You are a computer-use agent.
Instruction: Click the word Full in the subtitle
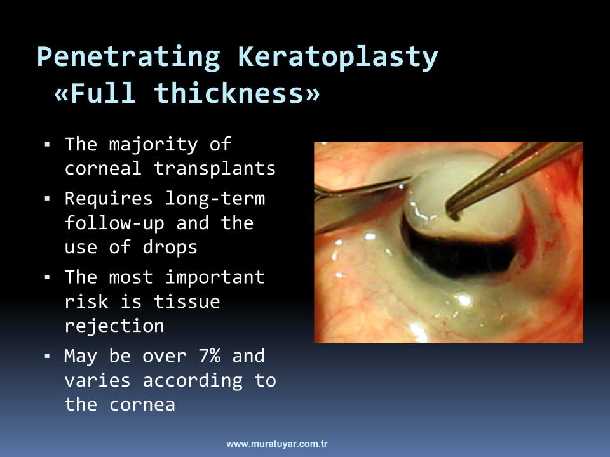pyautogui.click(x=103, y=93)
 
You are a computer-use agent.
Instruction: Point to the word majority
pyautogui.click(x=153, y=145)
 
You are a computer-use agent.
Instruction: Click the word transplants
pyautogui.click(x=214, y=169)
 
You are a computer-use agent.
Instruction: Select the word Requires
pyautogui.click(x=109, y=199)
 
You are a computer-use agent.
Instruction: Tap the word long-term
pyautogui.click(x=215, y=199)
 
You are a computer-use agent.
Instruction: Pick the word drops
pyautogui.click(x=170, y=247)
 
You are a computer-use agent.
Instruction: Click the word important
pyautogui.click(x=215, y=278)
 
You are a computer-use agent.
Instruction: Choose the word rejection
pyautogui.click(x=114, y=326)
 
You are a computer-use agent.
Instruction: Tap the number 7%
pyautogui.click(x=209, y=355)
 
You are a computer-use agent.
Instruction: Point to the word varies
pyautogui.click(x=97, y=380)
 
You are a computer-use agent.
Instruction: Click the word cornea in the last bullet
pyautogui.click(x=142, y=405)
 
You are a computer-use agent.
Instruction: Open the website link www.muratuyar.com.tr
pyautogui.click(x=277, y=444)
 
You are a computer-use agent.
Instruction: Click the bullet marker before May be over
pyautogui.click(x=48, y=355)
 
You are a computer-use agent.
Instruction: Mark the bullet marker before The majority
pyautogui.click(x=48, y=145)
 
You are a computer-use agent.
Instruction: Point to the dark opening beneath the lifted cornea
pyautogui.click(x=459, y=253)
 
